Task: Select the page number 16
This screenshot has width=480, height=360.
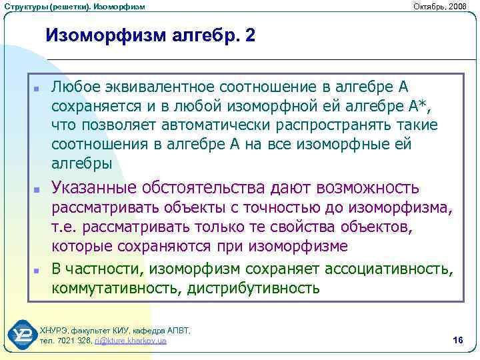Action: pos(457,341)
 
